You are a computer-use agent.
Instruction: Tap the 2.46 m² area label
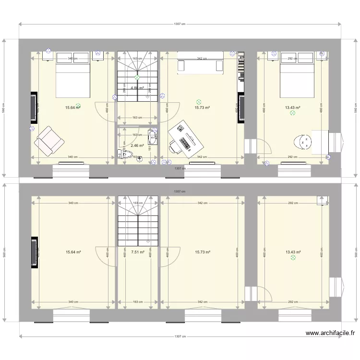(x=137, y=145)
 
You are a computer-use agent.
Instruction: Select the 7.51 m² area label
(x=137, y=252)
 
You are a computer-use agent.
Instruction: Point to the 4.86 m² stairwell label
(x=137, y=88)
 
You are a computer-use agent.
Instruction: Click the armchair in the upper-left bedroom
(x=49, y=141)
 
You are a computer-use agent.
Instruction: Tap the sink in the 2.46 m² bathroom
(x=153, y=139)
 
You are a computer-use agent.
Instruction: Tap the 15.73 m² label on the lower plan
(x=202, y=252)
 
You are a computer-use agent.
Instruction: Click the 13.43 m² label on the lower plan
(x=293, y=252)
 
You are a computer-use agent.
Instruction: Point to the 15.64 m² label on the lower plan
(x=73, y=252)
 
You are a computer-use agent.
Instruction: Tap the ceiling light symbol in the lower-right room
(x=293, y=258)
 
